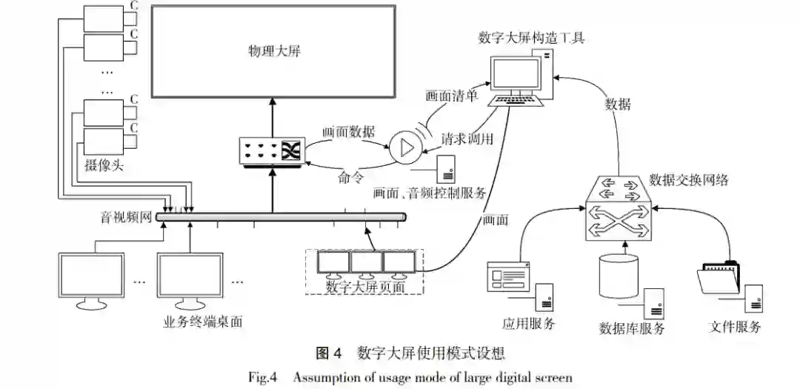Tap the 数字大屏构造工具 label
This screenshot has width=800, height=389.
[x=531, y=37]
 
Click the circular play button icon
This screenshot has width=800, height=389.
[x=404, y=147]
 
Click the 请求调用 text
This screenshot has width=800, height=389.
[x=467, y=139]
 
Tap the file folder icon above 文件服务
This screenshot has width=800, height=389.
[x=718, y=281]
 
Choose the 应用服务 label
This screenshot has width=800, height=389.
[x=528, y=323]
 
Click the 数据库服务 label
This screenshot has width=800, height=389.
[x=632, y=328]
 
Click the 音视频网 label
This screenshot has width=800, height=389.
[x=126, y=217]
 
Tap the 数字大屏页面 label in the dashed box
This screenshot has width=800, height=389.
[x=364, y=286]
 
